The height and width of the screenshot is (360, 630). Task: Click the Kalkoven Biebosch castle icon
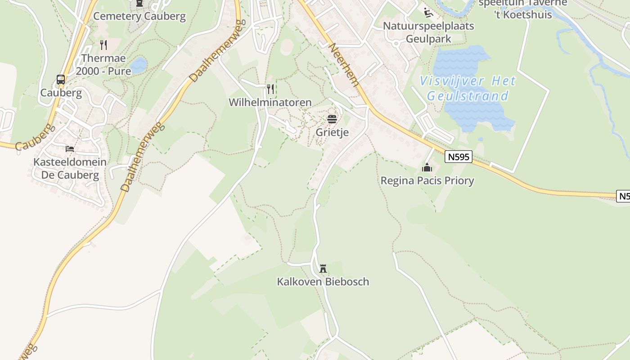tap(323, 269)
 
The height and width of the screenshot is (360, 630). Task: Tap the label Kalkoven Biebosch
tap(323, 282)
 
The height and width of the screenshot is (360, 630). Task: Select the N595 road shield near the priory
tap(459, 157)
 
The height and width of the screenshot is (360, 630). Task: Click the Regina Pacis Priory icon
tap(427, 168)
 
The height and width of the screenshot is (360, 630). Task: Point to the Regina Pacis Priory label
tap(427, 181)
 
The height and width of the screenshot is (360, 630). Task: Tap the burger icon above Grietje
tap(332, 119)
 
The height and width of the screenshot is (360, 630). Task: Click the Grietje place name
tap(332, 132)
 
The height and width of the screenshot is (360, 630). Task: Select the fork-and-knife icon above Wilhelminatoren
tap(270, 89)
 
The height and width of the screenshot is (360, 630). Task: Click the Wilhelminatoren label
tap(270, 102)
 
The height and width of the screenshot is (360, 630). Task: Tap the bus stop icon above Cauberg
tap(61, 80)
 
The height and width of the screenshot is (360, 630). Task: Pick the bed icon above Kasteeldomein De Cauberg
tap(70, 148)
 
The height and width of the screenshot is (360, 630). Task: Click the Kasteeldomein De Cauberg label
tap(70, 168)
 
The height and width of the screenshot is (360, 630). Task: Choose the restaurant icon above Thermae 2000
tap(103, 45)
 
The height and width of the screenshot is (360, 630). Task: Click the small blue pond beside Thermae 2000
tap(138, 65)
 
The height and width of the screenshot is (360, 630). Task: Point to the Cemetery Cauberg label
tap(139, 17)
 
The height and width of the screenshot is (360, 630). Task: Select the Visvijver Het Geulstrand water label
tap(468, 88)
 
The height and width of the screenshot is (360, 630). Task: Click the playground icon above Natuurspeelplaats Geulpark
tap(428, 13)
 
